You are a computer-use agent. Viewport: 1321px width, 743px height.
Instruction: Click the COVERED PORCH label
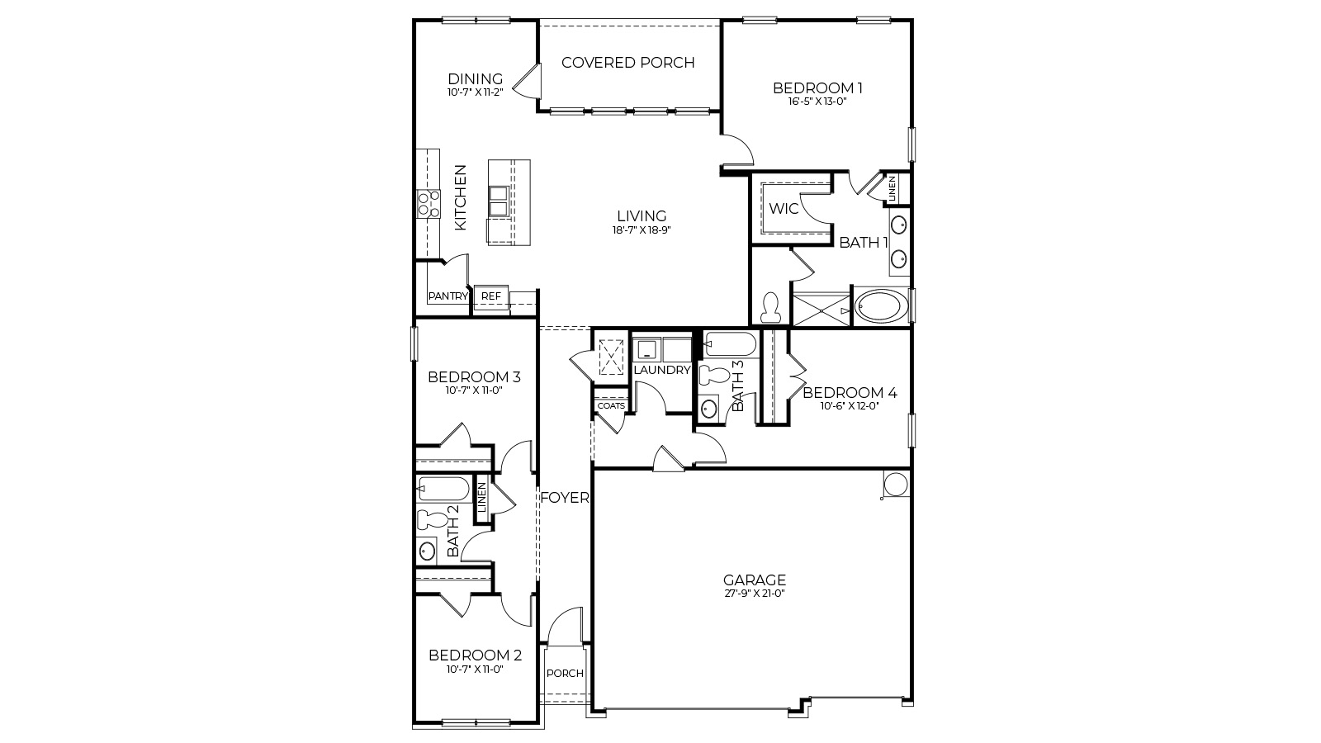click(627, 63)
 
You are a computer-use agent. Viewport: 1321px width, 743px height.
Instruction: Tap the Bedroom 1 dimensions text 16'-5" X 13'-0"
click(817, 102)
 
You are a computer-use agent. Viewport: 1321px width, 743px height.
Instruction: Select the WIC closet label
click(784, 209)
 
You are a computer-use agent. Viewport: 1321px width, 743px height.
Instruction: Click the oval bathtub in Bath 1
click(880, 308)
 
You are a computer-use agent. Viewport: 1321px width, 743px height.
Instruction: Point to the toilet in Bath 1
click(771, 308)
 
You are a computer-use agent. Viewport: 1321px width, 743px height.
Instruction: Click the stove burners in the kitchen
click(428, 203)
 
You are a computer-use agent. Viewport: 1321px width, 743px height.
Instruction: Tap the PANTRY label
click(447, 296)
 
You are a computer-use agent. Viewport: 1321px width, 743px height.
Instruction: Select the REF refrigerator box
click(490, 296)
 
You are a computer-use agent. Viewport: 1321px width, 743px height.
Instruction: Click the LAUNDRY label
click(661, 371)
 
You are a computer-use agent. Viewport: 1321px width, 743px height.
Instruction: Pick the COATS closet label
click(611, 406)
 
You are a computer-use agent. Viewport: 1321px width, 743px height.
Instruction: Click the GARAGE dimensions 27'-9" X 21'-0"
click(754, 594)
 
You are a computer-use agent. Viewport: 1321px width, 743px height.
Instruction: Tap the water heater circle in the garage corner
click(894, 483)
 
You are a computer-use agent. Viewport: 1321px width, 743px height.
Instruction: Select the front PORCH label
click(566, 674)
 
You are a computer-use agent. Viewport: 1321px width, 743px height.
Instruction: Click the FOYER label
click(565, 498)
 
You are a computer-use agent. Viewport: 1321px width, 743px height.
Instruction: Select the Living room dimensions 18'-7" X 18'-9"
click(642, 231)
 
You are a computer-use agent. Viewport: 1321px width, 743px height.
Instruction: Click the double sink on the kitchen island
click(499, 200)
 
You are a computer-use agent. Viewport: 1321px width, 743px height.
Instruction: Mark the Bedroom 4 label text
click(850, 393)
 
